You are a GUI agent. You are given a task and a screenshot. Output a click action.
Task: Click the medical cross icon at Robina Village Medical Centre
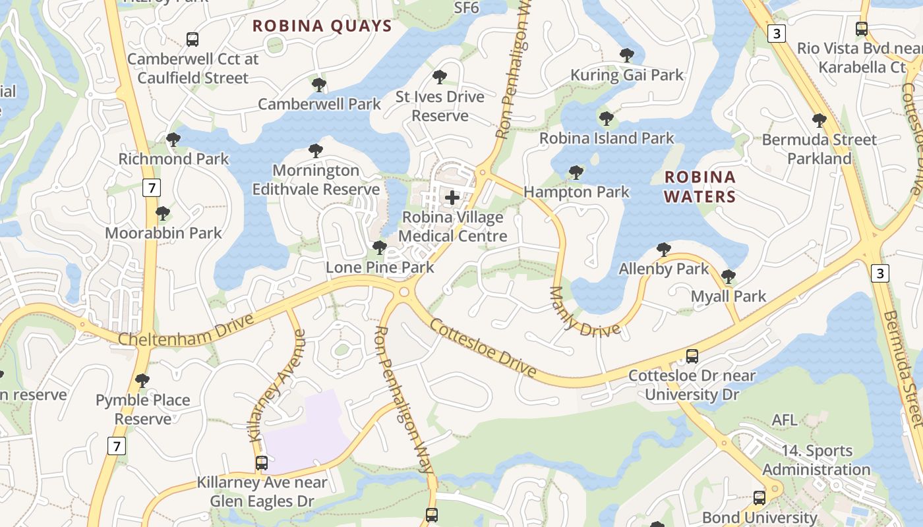tap(452, 197)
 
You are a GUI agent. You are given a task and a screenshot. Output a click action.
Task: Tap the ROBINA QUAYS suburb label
tap(322, 26)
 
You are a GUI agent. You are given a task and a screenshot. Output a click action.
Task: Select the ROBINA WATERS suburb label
tap(700, 186)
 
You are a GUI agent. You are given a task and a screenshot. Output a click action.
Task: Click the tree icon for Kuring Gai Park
tap(627, 55)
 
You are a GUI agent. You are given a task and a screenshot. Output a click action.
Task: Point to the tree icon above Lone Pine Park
tap(379, 248)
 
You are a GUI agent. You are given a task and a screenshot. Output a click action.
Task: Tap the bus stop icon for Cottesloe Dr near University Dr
tap(692, 356)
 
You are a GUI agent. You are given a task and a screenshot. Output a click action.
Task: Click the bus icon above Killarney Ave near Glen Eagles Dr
tap(262, 463)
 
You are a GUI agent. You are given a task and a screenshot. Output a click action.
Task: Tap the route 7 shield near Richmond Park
tap(152, 188)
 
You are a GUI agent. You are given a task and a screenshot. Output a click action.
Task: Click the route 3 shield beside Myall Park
tap(880, 272)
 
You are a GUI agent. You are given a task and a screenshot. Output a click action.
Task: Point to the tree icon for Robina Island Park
tap(606, 119)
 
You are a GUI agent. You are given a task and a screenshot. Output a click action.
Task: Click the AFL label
tap(785, 420)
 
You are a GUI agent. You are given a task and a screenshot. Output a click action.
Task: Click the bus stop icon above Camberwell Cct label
tap(193, 40)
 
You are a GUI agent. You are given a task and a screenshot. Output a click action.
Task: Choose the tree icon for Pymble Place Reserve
tap(142, 381)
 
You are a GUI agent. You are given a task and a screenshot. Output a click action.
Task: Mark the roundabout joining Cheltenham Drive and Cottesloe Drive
tap(404, 292)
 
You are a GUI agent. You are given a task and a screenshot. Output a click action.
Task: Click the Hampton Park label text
tap(576, 192)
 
